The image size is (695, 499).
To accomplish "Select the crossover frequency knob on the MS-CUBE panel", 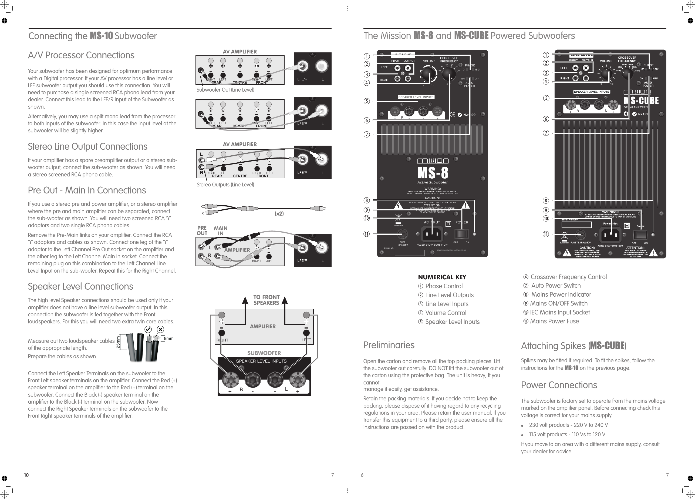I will [x=627, y=73].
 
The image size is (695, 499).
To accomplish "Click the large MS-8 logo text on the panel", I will [x=433, y=173].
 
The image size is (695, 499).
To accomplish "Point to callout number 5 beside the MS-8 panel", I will [x=367, y=101].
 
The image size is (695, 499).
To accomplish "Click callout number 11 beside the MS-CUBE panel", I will [x=546, y=234].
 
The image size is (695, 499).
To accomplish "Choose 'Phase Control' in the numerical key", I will [x=443, y=286].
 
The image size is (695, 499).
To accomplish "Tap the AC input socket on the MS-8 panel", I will [x=432, y=234].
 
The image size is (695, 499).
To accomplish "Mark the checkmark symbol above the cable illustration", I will [x=148, y=329].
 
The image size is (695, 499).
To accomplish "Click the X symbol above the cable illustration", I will [x=160, y=330].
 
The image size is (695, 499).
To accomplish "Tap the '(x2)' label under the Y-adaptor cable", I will [x=279, y=214].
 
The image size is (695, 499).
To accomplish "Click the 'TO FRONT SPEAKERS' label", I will [x=266, y=300].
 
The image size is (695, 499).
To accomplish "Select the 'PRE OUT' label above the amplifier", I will [x=202, y=230].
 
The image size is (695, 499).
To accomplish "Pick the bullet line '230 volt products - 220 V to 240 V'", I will [x=568, y=425].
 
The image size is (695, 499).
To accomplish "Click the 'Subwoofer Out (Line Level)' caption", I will [x=225, y=90].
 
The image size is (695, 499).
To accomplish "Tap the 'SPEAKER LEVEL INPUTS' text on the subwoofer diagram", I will [x=261, y=361].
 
